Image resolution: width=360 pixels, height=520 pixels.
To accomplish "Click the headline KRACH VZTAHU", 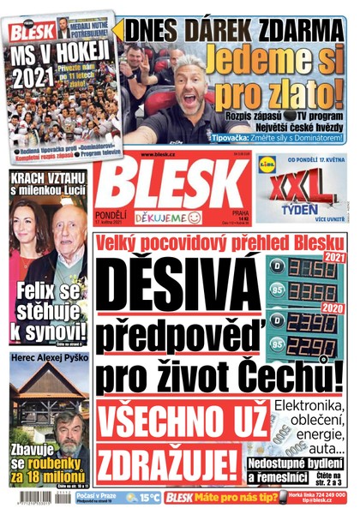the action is pos(45,174).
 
